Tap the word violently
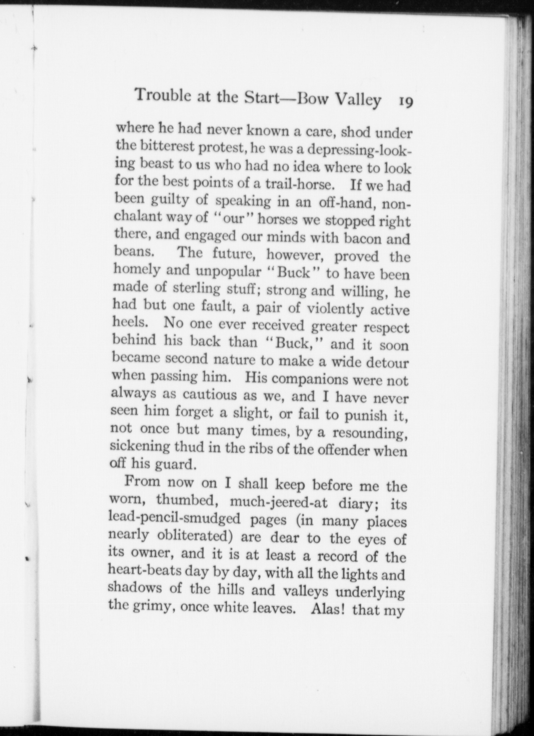(x=335, y=309)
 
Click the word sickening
(x=139, y=447)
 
